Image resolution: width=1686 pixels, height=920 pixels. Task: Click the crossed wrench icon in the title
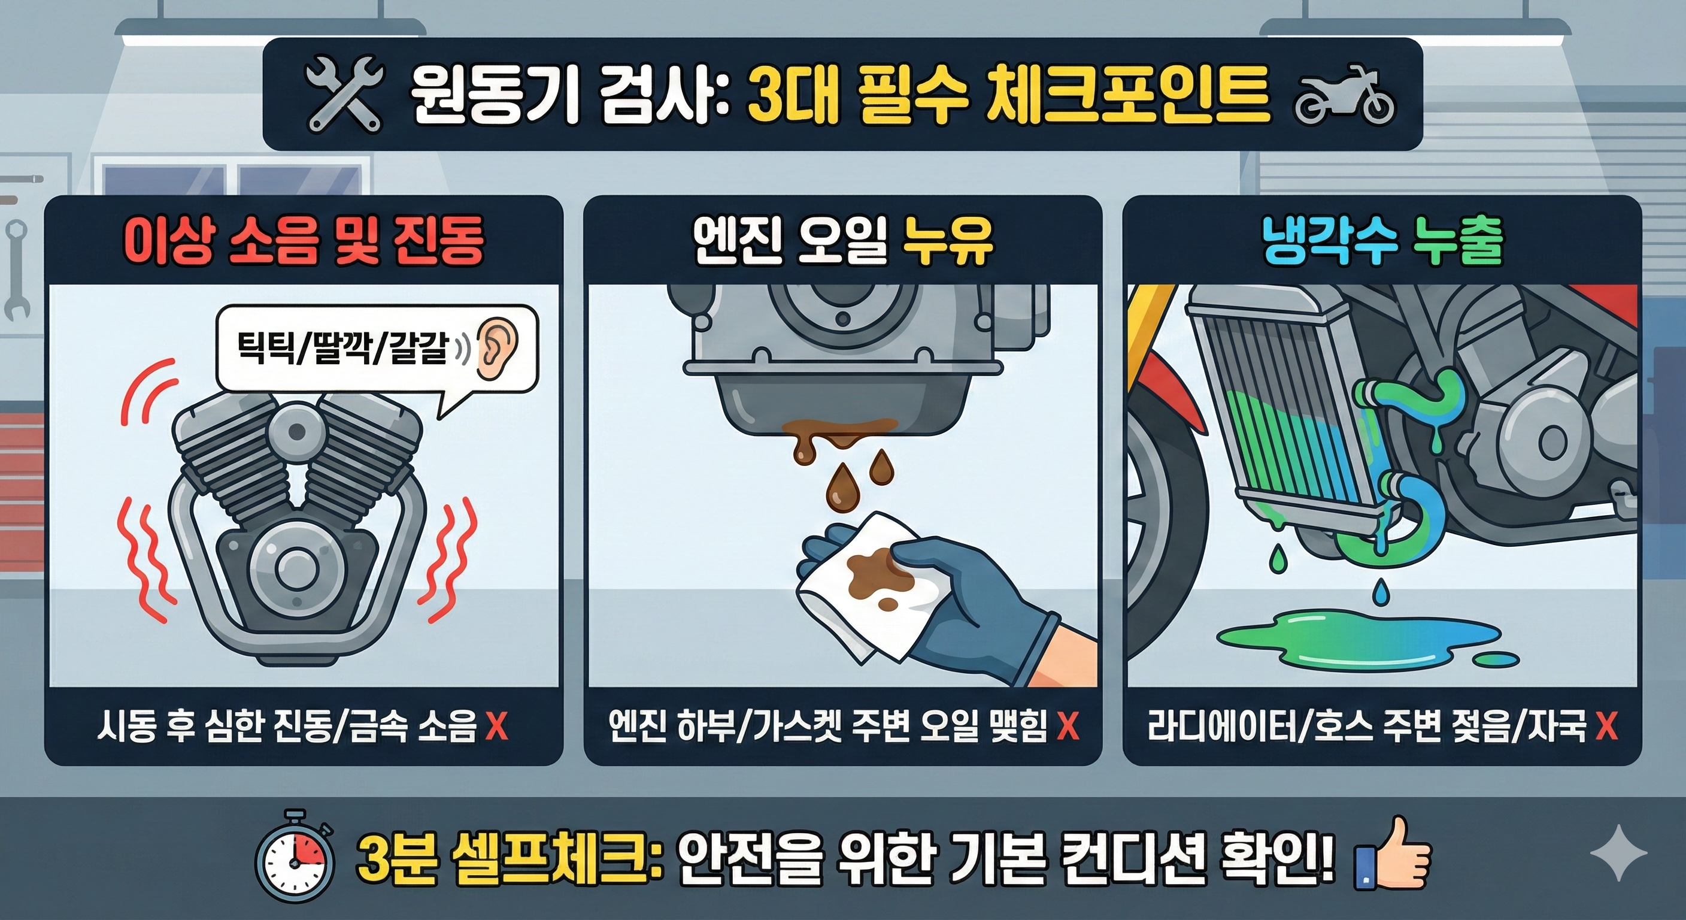343,93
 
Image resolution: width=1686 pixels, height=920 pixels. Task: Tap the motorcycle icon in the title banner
1345,96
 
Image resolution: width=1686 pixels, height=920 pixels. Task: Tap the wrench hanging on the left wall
16,268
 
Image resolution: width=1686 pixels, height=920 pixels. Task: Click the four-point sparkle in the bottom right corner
1618,852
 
